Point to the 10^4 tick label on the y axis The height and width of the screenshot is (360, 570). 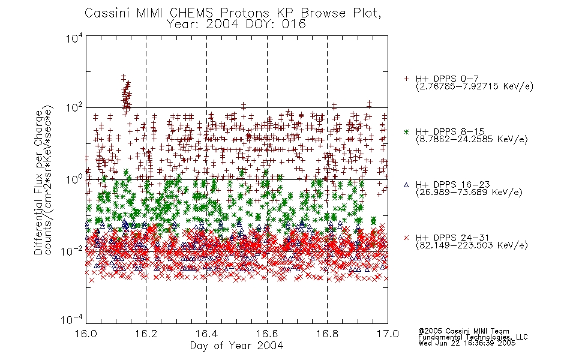[x=74, y=38]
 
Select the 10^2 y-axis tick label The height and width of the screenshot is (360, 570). [x=74, y=108]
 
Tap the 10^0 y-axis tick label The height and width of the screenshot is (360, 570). [x=74, y=180]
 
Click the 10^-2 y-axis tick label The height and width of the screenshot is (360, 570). [x=73, y=251]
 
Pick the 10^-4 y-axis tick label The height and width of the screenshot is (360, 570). [x=73, y=320]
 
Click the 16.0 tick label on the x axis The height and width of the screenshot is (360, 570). [x=86, y=334]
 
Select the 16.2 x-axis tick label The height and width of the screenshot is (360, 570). [x=146, y=334]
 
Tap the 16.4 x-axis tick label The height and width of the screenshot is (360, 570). [x=206, y=334]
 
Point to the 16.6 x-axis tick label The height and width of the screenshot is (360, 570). [x=267, y=334]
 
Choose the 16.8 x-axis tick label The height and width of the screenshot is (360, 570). [x=327, y=334]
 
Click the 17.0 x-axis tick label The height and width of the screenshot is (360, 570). [x=388, y=334]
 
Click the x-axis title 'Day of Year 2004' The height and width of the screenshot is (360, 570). [x=236, y=346]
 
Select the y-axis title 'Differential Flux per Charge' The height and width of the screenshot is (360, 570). [x=38, y=182]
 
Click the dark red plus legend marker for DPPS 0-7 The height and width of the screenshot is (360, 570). [x=406, y=79]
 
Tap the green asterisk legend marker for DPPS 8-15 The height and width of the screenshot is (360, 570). [x=406, y=131]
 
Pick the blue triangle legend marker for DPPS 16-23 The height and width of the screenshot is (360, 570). [x=406, y=185]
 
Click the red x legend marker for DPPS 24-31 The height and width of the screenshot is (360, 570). [x=406, y=238]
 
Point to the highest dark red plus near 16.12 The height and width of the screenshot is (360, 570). [x=123, y=77]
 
